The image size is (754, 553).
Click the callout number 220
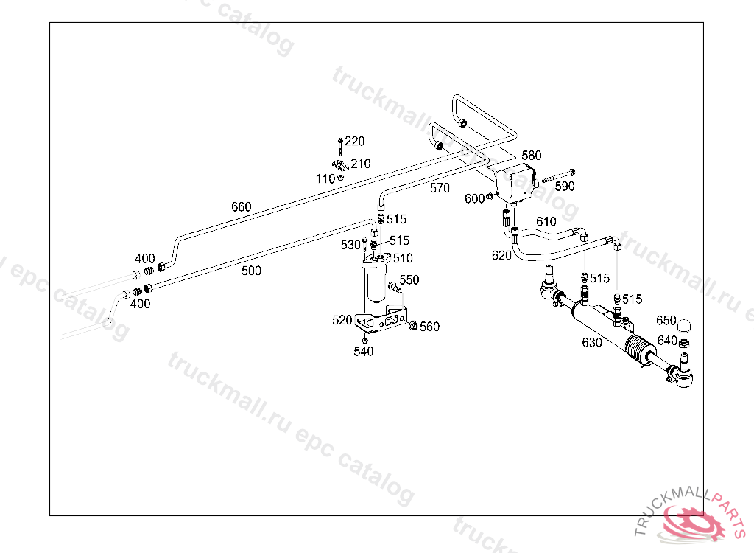pyautogui.click(x=355, y=141)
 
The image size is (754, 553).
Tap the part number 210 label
pyautogui.click(x=361, y=164)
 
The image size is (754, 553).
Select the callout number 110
pyautogui.click(x=325, y=178)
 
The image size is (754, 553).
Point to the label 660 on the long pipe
pyautogui.click(x=241, y=206)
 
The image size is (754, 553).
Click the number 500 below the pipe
pyautogui.click(x=251, y=271)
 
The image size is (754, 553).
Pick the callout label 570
pyautogui.click(x=440, y=188)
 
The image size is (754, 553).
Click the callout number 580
pyautogui.click(x=531, y=156)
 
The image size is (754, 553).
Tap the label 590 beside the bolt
pyautogui.click(x=565, y=187)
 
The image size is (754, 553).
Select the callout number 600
pyautogui.click(x=474, y=198)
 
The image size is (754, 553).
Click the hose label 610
pyautogui.click(x=546, y=221)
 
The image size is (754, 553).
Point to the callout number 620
pyautogui.click(x=501, y=255)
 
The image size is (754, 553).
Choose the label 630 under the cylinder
pyautogui.click(x=591, y=342)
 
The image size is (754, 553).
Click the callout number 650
pyautogui.click(x=666, y=321)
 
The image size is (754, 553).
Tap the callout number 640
pyautogui.click(x=667, y=340)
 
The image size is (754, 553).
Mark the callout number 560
pyautogui.click(x=429, y=327)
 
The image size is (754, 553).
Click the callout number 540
pyautogui.click(x=364, y=351)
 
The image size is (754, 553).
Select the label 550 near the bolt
pyautogui.click(x=409, y=279)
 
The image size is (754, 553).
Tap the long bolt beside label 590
pyautogui.click(x=558, y=176)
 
